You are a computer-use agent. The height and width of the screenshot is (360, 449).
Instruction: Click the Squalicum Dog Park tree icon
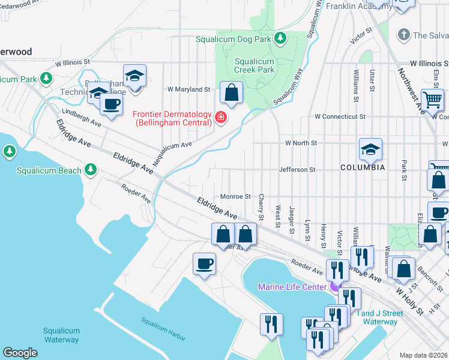pos(280,39)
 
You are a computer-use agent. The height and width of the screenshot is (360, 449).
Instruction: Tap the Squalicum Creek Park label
pos(254,65)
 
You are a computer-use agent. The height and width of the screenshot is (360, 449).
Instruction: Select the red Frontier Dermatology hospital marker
pos(221,116)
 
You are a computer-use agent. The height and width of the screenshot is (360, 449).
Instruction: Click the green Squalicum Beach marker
pos(91,170)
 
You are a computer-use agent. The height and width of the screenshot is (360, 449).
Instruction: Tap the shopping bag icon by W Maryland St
pos(231,93)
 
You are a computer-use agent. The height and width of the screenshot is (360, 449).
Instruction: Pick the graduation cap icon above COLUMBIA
pos(370,149)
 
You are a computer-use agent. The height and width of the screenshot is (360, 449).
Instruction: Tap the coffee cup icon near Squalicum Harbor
pos(204,263)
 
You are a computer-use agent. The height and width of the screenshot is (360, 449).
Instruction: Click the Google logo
pos(20,353)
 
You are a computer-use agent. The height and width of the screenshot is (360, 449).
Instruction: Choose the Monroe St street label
pos(235,196)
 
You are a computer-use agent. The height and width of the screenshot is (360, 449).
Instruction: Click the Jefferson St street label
pos(297,170)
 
